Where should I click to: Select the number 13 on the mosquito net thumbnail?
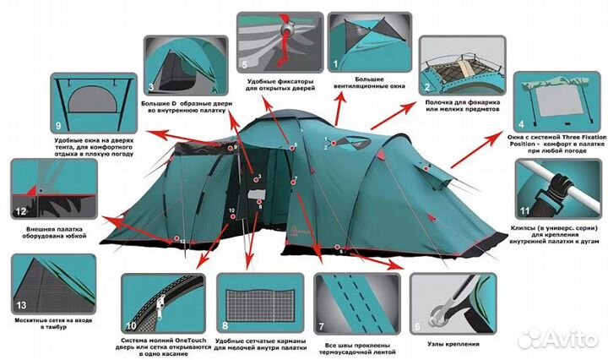point(22,304)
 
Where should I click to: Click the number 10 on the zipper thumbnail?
point(130,325)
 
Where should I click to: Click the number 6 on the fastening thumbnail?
point(418,325)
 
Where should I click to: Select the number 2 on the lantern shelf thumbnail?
point(429,86)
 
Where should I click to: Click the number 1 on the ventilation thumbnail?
point(335,63)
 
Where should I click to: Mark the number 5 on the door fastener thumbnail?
point(245,63)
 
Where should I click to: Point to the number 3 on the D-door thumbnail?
point(150,87)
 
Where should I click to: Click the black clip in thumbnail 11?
point(560,181)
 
